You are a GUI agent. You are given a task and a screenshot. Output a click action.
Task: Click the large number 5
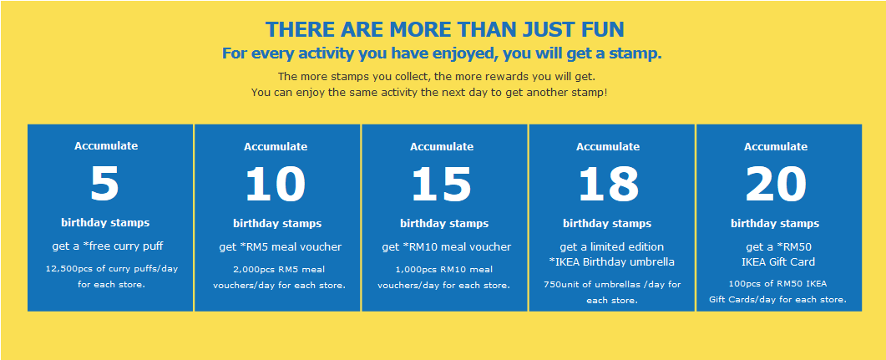pyautogui.click(x=105, y=185)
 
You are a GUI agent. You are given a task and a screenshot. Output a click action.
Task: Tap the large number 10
pyautogui.click(x=276, y=185)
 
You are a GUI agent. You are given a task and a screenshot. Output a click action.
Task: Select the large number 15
pyautogui.click(x=441, y=185)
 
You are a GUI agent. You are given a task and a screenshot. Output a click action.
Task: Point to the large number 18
pyautogui.click(x=608, y=185)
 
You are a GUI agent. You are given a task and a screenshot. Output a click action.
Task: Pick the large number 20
pyautogui.click(x=775, y=185)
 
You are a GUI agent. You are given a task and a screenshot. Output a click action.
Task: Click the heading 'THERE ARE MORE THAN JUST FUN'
pyautogui.click(x=445, y=29)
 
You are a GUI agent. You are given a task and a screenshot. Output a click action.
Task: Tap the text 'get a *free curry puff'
pyautogui.click(x=108, y=246)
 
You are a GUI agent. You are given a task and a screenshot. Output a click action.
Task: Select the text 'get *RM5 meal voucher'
pyautogui.click(x=281, y=247)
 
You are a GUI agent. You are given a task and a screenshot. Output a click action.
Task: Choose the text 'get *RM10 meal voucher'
pyautogui.click(x=447, y=247)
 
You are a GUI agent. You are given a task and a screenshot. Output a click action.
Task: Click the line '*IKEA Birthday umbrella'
pyautogui.click(x=611, y=262)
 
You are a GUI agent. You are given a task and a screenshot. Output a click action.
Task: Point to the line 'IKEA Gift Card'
pyautogui.click(x=778, y=262)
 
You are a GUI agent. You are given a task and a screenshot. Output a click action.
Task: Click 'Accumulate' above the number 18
pyautogui.click(x=608, y=147)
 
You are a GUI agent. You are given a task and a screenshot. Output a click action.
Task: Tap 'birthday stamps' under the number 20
pyautogui.click(x=775, y=224)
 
